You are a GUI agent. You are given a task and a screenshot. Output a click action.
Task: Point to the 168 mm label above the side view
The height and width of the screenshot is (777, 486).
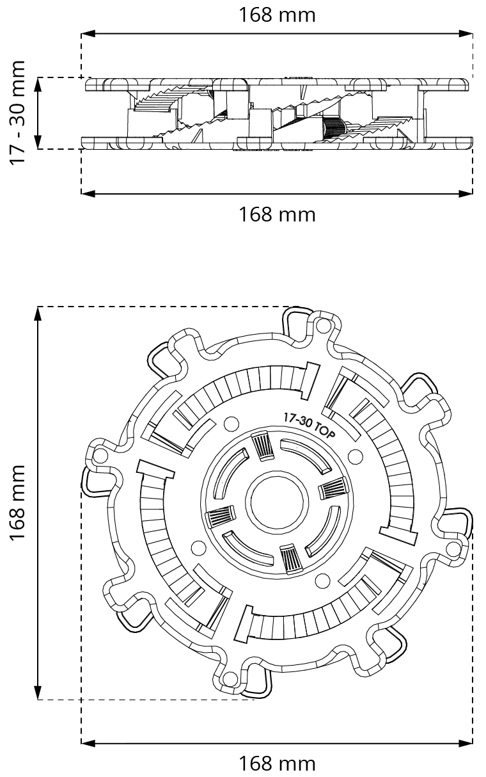[x=277, y=15]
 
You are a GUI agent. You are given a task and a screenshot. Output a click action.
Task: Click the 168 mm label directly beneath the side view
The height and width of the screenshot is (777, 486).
[x=277, y=214]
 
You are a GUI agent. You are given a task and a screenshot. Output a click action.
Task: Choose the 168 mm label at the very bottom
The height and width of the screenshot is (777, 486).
[x=277, y=764]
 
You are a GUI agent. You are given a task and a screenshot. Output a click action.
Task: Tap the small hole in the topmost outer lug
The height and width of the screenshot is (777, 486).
[x=322, y=328]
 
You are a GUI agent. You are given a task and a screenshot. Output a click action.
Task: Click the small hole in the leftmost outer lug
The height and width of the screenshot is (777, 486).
[x=100, y=456]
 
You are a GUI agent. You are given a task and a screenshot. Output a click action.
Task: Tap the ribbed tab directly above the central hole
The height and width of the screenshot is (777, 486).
[x=263, y=445]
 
